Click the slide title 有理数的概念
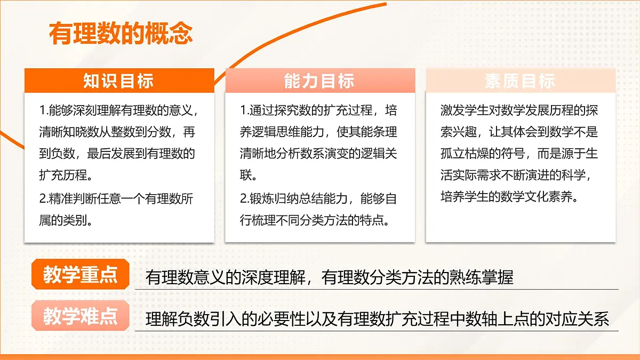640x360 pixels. point(121,34)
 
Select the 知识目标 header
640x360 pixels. point(118,81)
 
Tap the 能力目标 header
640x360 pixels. point(319,81)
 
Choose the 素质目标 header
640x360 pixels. point(520,81)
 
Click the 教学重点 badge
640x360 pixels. point(81,276)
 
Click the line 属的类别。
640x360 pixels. point(66,220)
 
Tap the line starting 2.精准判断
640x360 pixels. point(116,199)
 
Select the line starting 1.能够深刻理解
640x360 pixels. point(118,111)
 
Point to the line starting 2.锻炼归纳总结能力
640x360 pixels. point(318,199)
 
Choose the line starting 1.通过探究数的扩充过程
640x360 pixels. point(318,111)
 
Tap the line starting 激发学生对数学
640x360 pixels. point(518,111)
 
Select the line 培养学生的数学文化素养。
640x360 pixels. point(509,197)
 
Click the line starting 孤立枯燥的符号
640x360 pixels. point(518,154)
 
